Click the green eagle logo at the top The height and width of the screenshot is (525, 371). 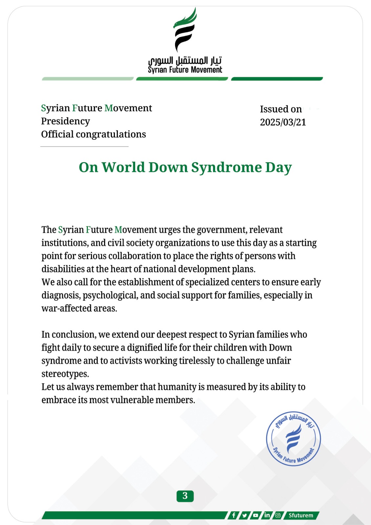[185, 30]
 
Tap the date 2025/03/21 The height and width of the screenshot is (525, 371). [283, 122]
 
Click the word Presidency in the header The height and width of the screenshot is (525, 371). [65, 121]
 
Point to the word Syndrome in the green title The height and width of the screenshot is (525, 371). [226, 167]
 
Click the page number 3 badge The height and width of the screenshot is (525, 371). [185, 496]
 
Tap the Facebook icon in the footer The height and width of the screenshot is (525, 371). [233, 515]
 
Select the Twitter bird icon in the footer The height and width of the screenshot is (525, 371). [245, 515]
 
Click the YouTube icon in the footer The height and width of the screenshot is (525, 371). [255, 515]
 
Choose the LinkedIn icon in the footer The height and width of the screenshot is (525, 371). [267, 515]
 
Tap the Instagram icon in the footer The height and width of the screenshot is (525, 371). [278, 515]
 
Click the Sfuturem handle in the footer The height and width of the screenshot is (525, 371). [301, 515]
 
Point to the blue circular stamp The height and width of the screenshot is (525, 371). [293, 439]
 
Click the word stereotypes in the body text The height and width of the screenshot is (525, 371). [65, 374]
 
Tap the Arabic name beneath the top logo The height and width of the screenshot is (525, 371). [185, 61]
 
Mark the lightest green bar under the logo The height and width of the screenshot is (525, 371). [88, 79]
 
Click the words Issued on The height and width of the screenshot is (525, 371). [281, 109]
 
